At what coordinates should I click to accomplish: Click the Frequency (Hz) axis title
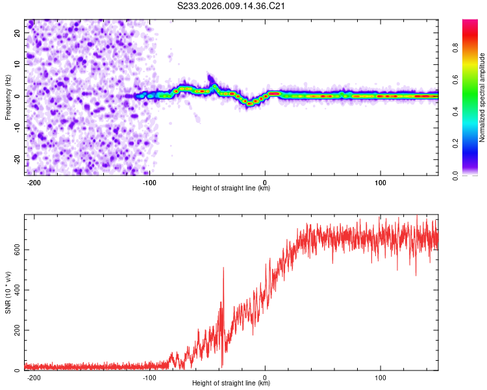pyautogui.click(x=8, y=97)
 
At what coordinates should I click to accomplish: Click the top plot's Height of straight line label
pyautogui.click(x=231, y=188)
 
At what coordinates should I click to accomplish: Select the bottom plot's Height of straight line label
pyautogui.click(x=231, y=383)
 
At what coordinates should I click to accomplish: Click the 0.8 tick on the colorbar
pyautogui.click(x=456, y=46)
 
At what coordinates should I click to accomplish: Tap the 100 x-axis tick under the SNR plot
pyautogui.click(x=380, y=376)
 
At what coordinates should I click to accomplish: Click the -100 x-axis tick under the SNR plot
pyautogui.click(x=149, y=376)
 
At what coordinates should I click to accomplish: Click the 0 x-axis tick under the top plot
pyautogui.click(x=265, y=181)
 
